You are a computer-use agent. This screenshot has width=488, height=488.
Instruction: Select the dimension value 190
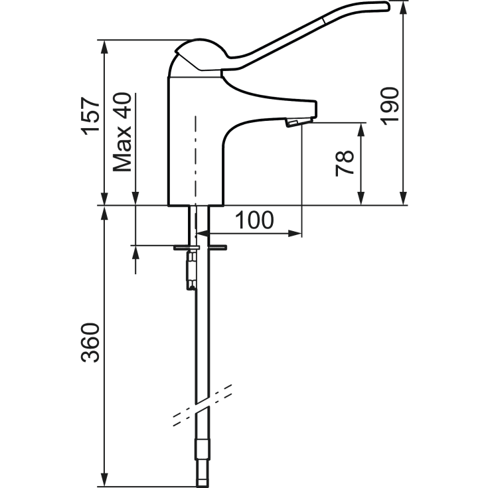pyautogui.click(x=389, y=106)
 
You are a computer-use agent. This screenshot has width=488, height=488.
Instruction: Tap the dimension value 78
pyautogui.click(x=345, y=163)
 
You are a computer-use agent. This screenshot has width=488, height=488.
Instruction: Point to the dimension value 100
pyautogui.click(x=254, y=220)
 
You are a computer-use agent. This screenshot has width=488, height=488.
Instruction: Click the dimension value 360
pyautogui.click(x=90, y=343)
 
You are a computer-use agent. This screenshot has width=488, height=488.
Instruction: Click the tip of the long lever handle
pyautogui.click(x=388, y=6)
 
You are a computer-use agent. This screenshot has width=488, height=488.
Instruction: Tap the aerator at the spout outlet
pyautogui.click(x=298, y=122)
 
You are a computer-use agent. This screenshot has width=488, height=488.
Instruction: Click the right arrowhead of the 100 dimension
pyautogui.click(x=295, y=233)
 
